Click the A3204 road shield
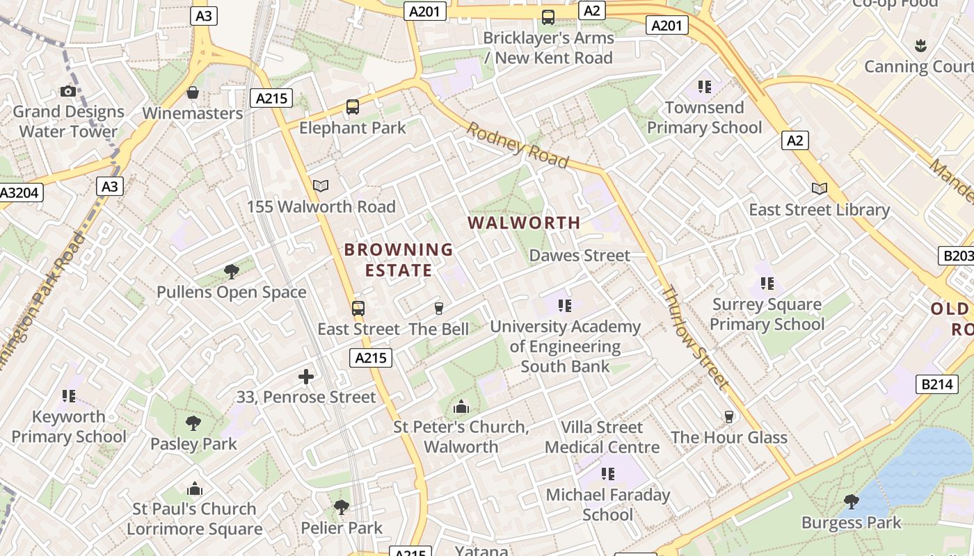pyautogui.click(x=21, y=193)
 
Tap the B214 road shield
pyautogui.click(x=936, y=384)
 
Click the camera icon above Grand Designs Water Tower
pyautogui.click(x=67, y=91)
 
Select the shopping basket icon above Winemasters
pyautogui.click(x=193, y=92)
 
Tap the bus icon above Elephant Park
pyautogui.click(x=353, y=107)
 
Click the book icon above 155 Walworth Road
pyautogui.click(x=320, y=186)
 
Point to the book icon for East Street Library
pyautogui.click(x=820, y=188)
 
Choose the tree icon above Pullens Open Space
pyautogui.click(x=231, y=272)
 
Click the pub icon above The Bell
pyautogui.click(x=438, y=308)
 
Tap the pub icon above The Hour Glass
pyautogui.click(x=729, y=416)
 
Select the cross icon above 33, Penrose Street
pyautogui.click(x=305, y=377)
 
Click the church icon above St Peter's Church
pyautogui.click(x=461, y=407)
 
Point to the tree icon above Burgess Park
pyautogui.click(x=851, y=501)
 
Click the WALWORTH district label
pyautogui.click(x=524, y=223)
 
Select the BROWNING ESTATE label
pyautogui.click(x=399, y=260)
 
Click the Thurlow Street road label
pyautogui.click(x=695, y=336)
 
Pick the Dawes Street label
pyautogui.click(x=580, y=256)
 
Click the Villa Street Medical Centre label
pyautogui.click(x=602, y=437)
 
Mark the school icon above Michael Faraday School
pyautogui.click(x=607, y=474)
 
